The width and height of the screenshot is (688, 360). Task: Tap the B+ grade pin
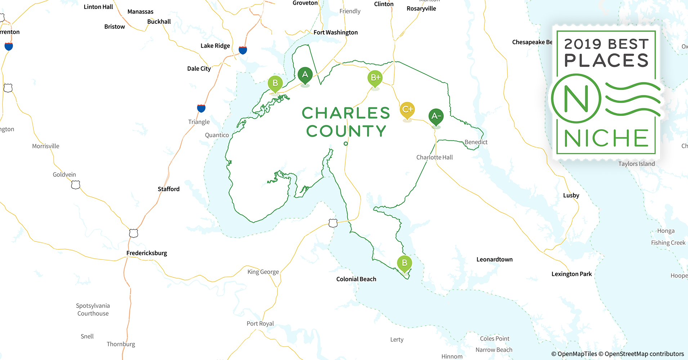click(375, 78)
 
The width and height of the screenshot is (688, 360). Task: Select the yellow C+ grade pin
click(407, 109)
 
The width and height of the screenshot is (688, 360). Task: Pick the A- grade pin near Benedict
click(436, 116)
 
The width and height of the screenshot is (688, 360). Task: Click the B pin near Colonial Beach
click(405, 263)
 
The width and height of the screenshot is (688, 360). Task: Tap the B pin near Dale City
click(275, 84)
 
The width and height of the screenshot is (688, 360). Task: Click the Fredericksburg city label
click(147, 253)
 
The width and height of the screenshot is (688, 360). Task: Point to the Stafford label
click(169, 189)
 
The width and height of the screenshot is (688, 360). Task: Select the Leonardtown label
click(494, 260)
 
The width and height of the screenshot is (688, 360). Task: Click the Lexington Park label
click(572, 274)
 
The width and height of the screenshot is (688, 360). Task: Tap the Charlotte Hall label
click(434, 157)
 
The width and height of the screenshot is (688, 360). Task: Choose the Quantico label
click(217, 135)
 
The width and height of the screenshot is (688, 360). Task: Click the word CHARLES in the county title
click(346, 113)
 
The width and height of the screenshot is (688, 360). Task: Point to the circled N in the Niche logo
click(576, 99)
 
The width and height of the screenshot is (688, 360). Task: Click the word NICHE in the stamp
click(606, 139)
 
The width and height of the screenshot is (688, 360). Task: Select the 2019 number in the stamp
click(583, 44)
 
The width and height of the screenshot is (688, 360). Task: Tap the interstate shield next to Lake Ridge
click(243, 50)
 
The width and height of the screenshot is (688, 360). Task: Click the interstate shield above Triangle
click(201, 108)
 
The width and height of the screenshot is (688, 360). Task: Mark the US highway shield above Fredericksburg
click(134, 233)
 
